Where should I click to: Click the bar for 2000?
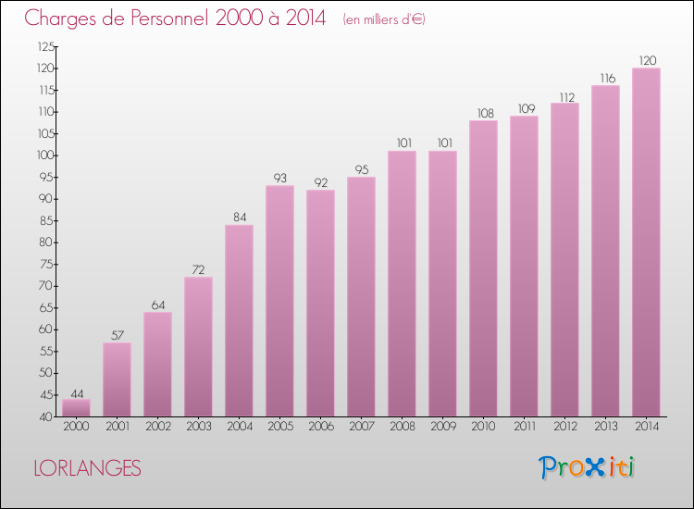76,408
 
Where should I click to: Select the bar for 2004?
239,320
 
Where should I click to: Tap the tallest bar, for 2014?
646,242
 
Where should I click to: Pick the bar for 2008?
402,283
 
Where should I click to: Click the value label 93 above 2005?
279,178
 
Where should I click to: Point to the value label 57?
117,335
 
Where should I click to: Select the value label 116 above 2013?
605,78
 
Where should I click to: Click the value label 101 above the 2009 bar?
442,143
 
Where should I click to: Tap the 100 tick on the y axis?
43,155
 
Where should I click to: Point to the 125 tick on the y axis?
43,46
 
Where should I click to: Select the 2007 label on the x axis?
361,428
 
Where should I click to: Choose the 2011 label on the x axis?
524,428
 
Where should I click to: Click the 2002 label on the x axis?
157,428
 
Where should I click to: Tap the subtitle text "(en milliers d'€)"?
383,19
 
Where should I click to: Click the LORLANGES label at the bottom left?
87,468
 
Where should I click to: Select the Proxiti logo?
587,467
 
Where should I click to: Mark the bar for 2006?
320,303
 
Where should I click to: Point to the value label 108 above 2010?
483,113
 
